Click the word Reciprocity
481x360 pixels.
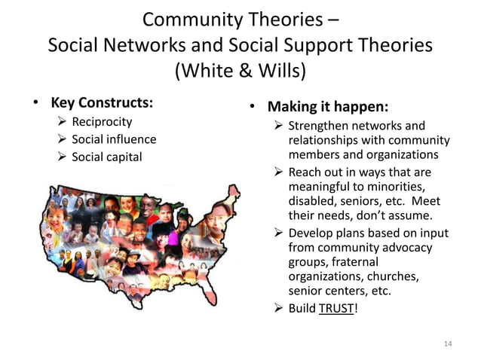tap(101, 121)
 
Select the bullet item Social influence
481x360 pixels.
tap(113, 139)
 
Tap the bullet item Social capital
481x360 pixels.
tap(106, 157)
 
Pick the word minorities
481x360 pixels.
tap(392, 187)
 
